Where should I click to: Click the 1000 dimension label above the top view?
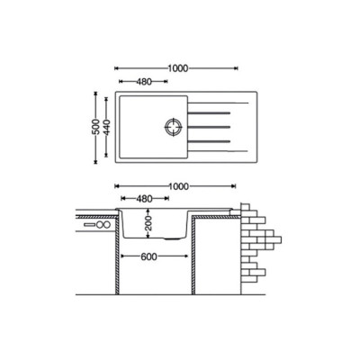point(178,68)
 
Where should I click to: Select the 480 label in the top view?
point(144,81)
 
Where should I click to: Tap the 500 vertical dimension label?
point(95,127)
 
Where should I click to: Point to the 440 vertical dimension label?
point(107,127)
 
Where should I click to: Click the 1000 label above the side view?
point(179,186)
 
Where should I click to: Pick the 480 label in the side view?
point(145,198)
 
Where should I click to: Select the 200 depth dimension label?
point(148,223)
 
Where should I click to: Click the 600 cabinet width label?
point(148,256)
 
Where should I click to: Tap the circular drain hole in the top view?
point(174,127)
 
